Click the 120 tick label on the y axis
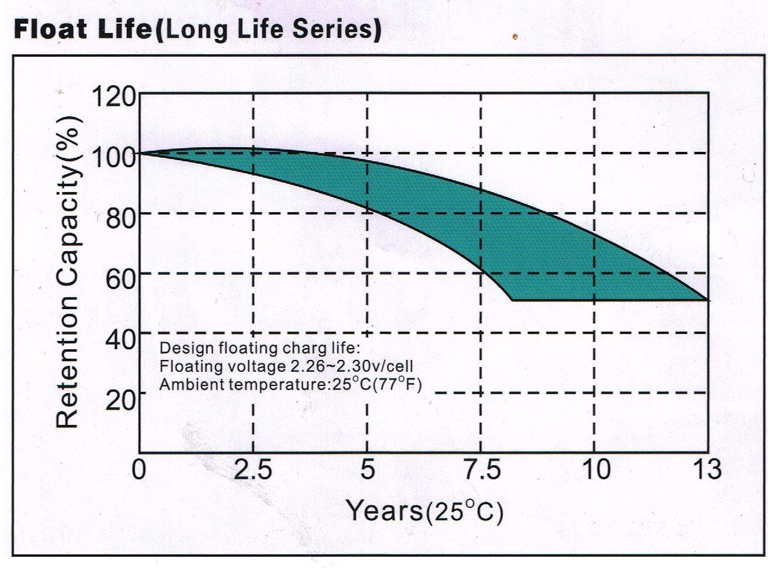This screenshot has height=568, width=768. point(113,97)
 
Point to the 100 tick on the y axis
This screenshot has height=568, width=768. point(113,157)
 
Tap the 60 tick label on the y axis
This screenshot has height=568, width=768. point(120,278)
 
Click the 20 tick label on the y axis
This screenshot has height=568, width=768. point(120,398)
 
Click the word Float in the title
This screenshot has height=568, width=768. point(50,29)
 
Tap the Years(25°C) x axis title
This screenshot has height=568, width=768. point(425,511)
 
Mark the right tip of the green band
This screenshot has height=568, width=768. point(709,300)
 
